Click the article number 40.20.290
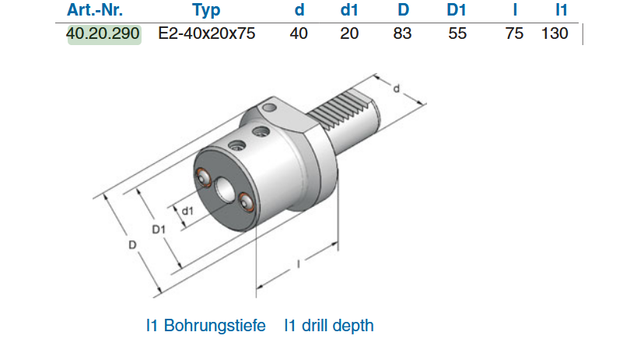pyautogui.click(x=104, y=34)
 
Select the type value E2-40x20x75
pyautogui.click(x=206, y=34)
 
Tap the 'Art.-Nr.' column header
pyautogui.click(x=96, y=10)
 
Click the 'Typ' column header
pyautogui.click(x=206, y=10)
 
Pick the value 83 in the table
pyautogui.click(x=402, y=34)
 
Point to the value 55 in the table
pyautogui.click(x=457, y=34)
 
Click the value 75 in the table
pyautogui.click(x=514, y=34)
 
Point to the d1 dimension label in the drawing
pyautogui.click(x=187, y=211)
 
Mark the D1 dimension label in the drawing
pyautogui.click(x=159, y=229)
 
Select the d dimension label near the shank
pyautogui.click(x=397, y=89)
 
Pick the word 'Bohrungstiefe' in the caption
pyautogui.click(x=214, y=325)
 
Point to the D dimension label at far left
pyautogui.click(x=133, y=245)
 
